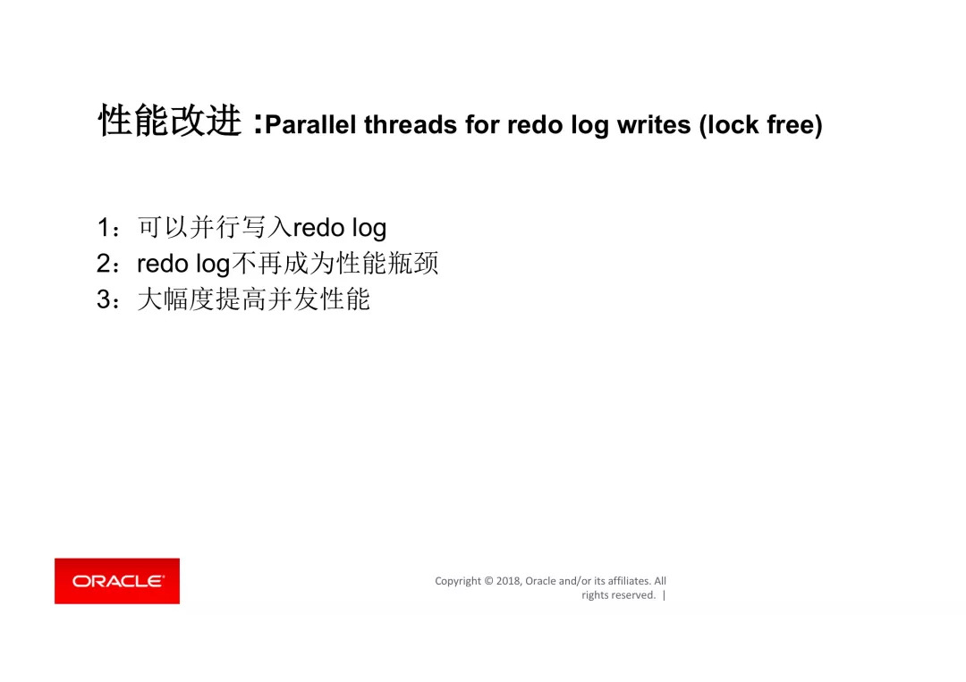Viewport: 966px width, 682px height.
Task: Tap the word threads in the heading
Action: pos(411,124)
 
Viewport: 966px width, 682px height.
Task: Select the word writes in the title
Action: pos(654,124)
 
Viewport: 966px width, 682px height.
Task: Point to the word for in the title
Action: pos(482,124)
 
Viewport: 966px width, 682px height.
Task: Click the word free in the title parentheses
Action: pos(791,124)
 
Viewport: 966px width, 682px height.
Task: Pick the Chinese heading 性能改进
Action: pos(169,120)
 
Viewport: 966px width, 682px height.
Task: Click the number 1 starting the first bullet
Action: pos(104,228)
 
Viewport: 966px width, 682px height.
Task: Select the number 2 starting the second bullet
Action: pos(104,264)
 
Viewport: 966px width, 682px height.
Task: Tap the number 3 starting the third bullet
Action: pos(104,299)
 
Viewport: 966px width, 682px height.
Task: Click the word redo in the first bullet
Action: pos(318,228)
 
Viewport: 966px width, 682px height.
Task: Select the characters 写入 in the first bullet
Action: pos(267,227)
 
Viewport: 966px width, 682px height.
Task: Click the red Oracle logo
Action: pos(117,581)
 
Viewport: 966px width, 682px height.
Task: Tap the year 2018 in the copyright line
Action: pos(508,581)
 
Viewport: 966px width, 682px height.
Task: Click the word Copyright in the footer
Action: pos(458,582)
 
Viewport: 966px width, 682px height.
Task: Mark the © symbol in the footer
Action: pos(488,581)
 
